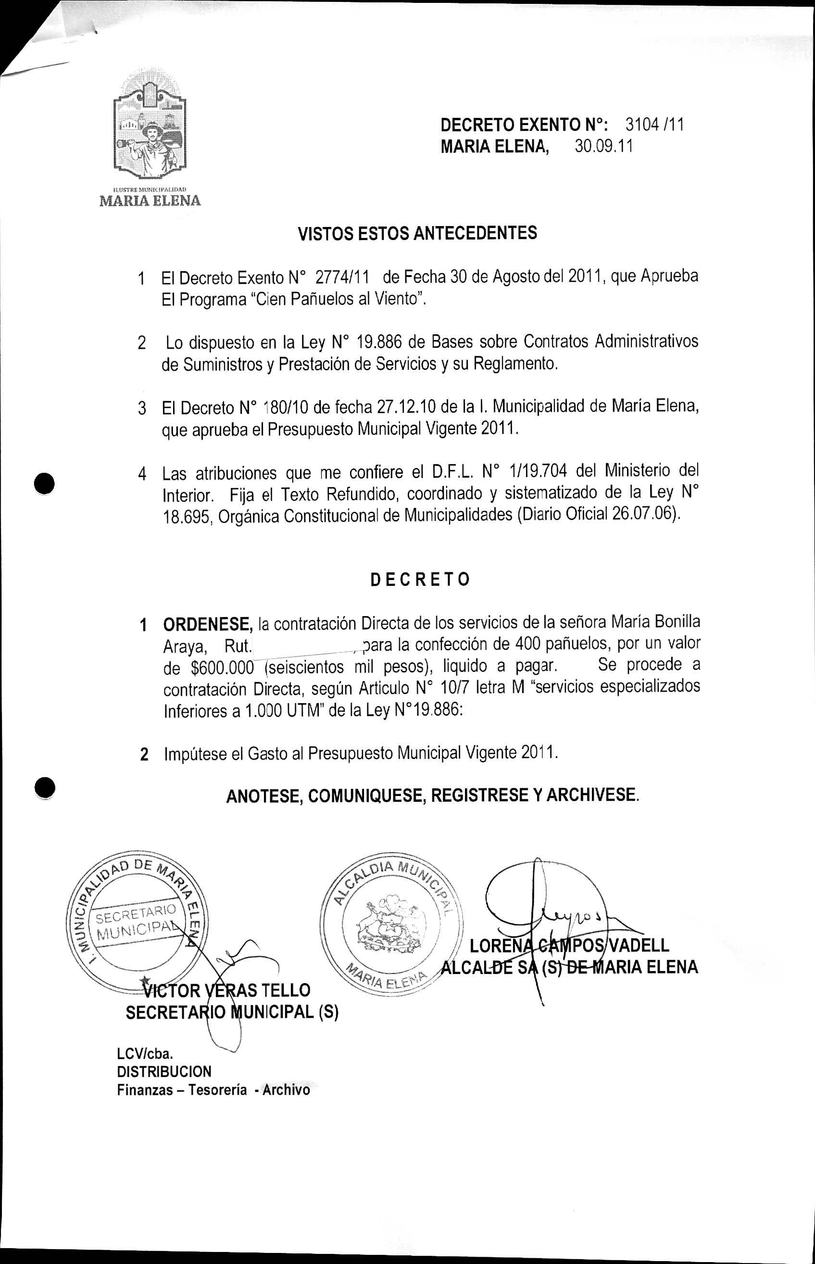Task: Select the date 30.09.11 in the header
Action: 604,146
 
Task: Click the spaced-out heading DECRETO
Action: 420,580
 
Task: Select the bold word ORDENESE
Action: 207,625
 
